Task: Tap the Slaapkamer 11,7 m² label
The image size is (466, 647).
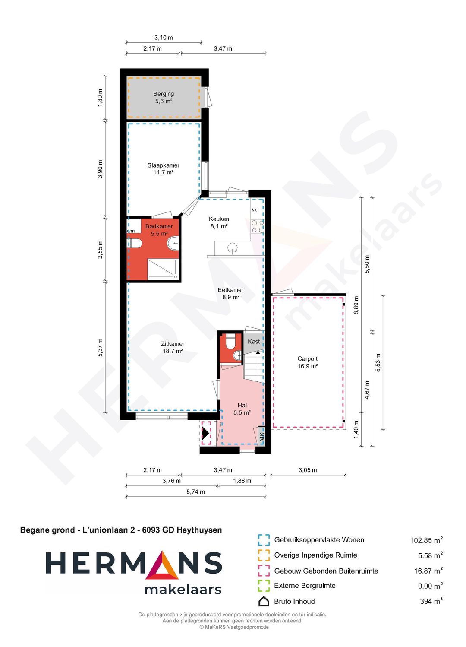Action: coord(164,169)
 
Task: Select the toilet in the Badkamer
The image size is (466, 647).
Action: coord(135,243)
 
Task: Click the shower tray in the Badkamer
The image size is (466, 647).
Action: coord(163,269)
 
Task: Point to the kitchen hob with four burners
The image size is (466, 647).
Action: coord(258,226)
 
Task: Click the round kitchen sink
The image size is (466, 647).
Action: coord(232,247)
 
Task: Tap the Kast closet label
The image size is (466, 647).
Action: coord(254,341)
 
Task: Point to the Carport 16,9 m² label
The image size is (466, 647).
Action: coord(308,362)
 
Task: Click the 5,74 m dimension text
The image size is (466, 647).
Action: coord(195,492)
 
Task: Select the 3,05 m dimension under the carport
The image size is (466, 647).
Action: coord(308,470)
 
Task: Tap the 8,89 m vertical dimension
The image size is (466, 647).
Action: coord(356,305)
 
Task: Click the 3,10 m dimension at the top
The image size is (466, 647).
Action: coord(164,38)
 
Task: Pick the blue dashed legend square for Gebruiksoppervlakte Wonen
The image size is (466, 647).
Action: coord(264,540)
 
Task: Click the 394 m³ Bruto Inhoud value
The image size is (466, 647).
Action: coord(431,601)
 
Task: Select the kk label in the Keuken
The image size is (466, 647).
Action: coord(254,210)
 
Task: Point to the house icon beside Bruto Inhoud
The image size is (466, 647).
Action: coord(264,602)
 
